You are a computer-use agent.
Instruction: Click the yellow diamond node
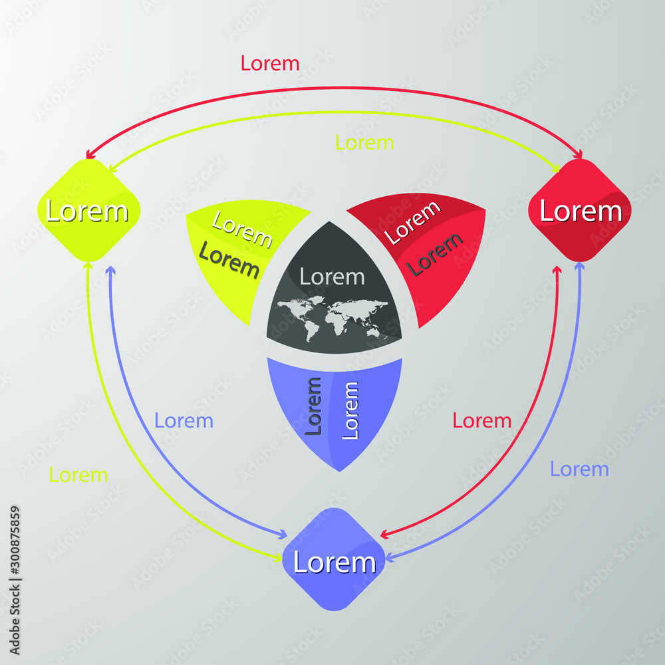click(88, 211)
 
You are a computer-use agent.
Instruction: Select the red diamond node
click(579, 211)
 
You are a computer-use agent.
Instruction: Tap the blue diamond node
click(334, 561)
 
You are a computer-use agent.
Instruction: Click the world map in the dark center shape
click(332, 317)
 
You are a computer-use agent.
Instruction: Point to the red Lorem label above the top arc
click(270, 63)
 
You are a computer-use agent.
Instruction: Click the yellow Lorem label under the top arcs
click(364, 142)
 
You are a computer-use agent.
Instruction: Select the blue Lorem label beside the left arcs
click(184, 420)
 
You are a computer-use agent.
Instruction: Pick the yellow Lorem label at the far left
click(78, 475)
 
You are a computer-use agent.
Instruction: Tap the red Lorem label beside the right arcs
click(481, 420)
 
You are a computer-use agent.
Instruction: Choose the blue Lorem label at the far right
click(579, 469)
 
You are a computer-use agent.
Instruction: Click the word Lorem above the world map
click(332, 276)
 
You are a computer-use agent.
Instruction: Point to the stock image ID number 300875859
click(15, 551)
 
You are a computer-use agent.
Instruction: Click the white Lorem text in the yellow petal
click(242, 229)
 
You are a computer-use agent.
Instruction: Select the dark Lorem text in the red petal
click(435, 254)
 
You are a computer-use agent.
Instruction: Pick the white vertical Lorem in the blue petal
click(350, 410)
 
